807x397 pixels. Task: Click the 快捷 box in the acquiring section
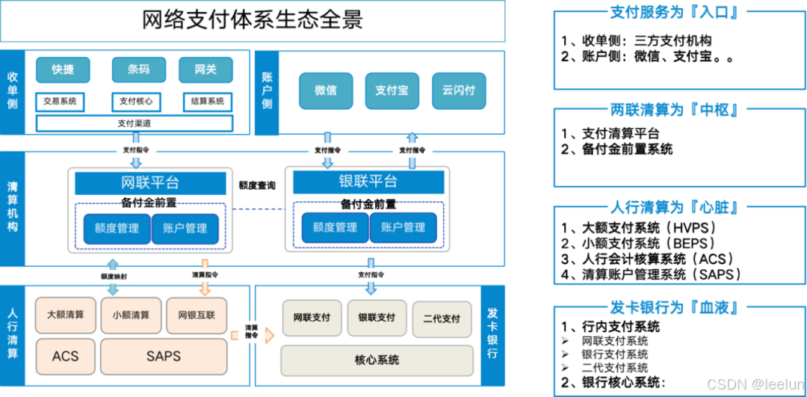coord(63,70)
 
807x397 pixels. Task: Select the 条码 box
coord(138,70)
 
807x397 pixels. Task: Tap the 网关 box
coord(205,70)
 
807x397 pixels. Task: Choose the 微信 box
coord(325,90)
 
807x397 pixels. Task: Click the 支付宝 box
coord(392,90)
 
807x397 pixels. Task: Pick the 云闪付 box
coord(459,90)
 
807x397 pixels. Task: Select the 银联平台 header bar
coord(368,182)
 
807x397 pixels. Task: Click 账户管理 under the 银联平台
coord(403,227)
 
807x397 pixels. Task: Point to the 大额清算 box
coord(66,315)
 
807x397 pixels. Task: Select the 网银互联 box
coord(197,315)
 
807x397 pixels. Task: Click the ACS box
coord(65,356)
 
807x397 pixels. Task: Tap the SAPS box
coord(164,356)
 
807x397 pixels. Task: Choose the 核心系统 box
coord(377,360)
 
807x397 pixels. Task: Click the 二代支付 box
coord(442,318)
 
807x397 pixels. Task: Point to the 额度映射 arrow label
coord(114,276)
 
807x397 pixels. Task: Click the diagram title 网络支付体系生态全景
coord(253,19)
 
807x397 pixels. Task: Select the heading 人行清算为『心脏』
coord(678,207)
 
